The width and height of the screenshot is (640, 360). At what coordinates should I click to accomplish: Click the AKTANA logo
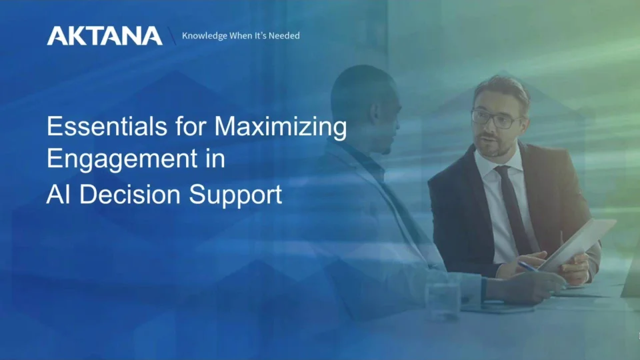click(104, 36)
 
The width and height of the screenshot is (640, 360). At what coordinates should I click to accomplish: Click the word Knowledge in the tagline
click(204, 36)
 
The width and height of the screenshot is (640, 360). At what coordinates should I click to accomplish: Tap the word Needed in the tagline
click(284, 36)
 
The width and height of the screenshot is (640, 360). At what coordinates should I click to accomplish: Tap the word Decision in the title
click(128, 194)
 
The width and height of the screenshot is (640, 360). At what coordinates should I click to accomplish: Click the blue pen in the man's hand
click(531, 266)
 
